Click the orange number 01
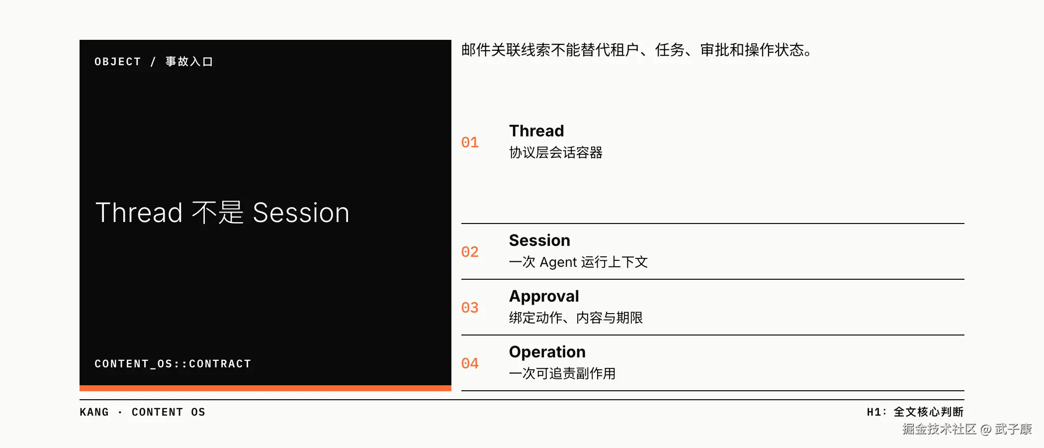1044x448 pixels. pos(470,143)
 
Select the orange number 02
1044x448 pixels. pos(470,252)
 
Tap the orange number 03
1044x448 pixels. pos(470,308)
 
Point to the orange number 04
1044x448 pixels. pos(470,364)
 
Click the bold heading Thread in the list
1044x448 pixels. pos(536,131)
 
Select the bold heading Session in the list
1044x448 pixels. pos(539,240)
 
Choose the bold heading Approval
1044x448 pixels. pos(544,297)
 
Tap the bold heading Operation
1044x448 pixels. pos(547,352)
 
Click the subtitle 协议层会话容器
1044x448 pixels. pos(556,152)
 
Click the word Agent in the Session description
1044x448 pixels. pos(558,262)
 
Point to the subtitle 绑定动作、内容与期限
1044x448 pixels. pos(576,318)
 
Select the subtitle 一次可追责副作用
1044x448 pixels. pos(562,373)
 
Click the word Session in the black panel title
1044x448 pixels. pos(301,213)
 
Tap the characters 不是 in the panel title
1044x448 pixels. pos(218,213)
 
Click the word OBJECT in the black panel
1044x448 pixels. pos(118,62)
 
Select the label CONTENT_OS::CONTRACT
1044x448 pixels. pos(173,364)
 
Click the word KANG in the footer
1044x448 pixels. pos(94,412)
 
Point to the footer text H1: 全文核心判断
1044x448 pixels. pos(915,412)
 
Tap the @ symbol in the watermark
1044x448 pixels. pos(986,429)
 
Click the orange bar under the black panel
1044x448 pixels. pos(265,388)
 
